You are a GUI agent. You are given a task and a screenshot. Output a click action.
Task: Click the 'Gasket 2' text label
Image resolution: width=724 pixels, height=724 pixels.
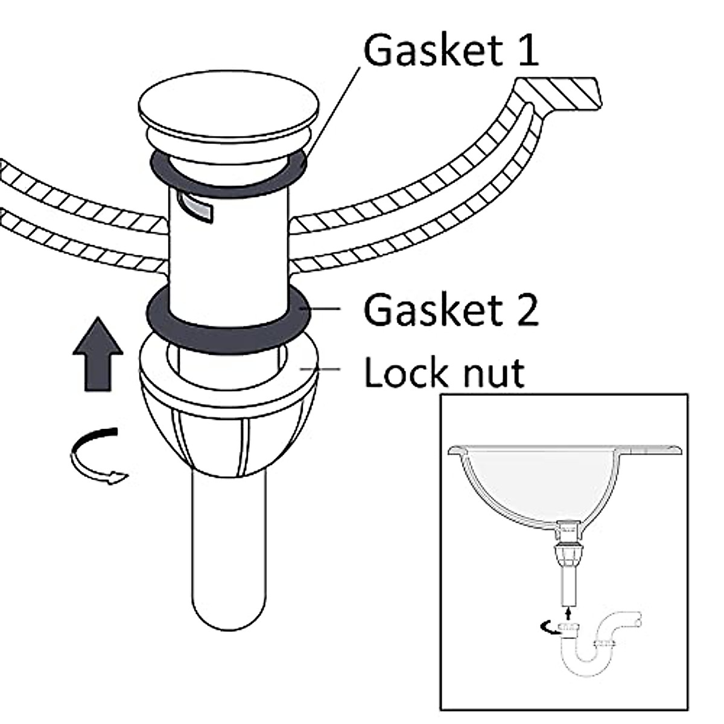pyautogui.click(x=451, y=310)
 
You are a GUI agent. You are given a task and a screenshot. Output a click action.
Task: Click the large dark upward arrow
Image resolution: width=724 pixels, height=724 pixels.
pyautogui.click(x=98, y=354)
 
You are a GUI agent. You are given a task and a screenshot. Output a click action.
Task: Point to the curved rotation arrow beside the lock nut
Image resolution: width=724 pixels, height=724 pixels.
pyautogui.click(x=98, y=456)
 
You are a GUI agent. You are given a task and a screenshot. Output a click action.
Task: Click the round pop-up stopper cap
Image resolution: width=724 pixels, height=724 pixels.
pyautogui.click(x=229, y=109)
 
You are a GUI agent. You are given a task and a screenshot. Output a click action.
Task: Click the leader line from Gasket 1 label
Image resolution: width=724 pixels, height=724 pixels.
pyautogui.click(x=333, y=110)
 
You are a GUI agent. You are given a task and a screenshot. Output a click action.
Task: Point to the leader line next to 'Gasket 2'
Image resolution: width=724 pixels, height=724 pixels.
pyautogui.click(x=320, y=309)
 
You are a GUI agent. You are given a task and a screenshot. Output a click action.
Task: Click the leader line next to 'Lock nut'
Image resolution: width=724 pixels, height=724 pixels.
pyautogui.click(x=320, y=370)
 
